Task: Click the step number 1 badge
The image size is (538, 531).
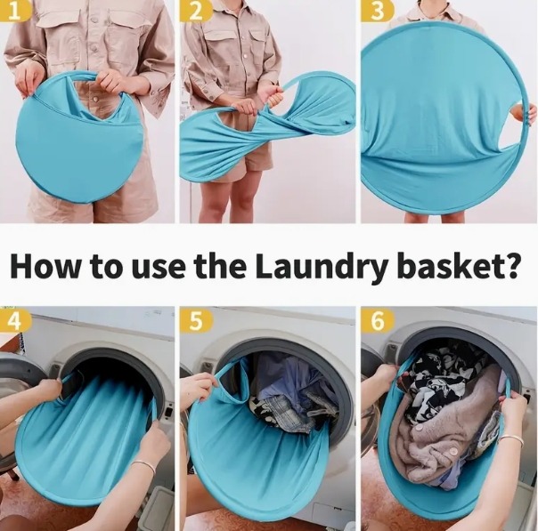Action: [15, 11]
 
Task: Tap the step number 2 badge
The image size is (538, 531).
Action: [196, 11]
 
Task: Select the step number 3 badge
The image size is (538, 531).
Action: [377, 11]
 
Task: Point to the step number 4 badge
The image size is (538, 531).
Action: [15, 321]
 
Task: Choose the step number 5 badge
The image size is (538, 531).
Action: [196, 321]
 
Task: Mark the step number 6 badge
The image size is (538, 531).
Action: [377, 321]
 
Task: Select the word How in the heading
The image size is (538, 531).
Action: [45, 265]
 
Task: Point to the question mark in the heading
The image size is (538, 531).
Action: [510, 264]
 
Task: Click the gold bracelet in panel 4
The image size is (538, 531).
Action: [143, 469]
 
